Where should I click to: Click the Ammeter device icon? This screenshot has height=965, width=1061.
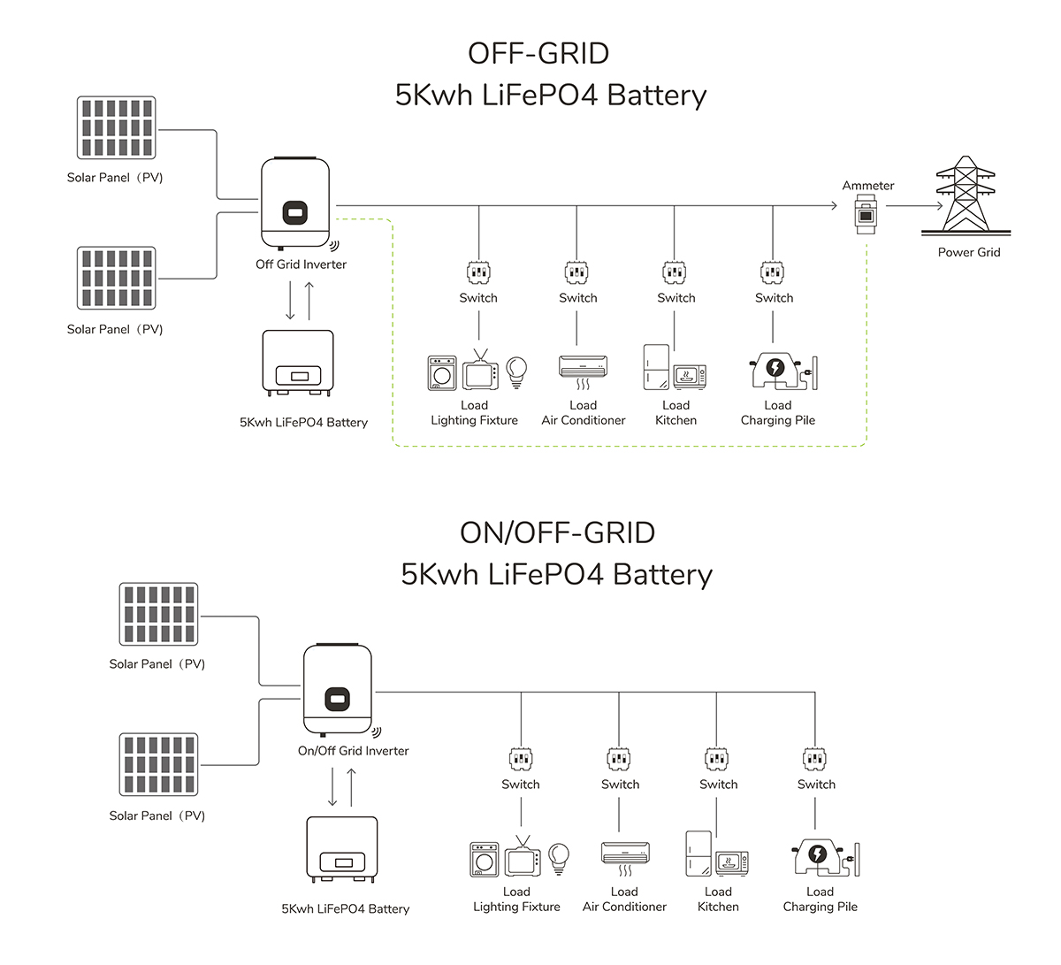(866, 216)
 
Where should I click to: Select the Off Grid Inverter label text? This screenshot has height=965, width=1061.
(301, 264)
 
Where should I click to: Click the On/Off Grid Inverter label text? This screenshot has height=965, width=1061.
(353, 751)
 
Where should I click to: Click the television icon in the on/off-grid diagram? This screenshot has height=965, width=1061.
(523, 858)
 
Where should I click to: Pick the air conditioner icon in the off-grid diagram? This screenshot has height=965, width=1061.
(583, 367)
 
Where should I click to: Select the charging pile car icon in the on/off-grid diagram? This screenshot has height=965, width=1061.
(818, 857)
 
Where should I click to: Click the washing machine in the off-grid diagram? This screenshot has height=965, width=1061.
(442, 373)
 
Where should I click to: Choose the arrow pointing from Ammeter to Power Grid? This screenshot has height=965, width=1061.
(914, 206)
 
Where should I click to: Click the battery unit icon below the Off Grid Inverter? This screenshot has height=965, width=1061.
(298, 364)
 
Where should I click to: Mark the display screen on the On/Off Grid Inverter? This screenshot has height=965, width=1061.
(337, 699)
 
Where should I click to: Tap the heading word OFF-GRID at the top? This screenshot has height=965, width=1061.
(538, 54)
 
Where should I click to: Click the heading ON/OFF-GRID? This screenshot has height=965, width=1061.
(557, 533)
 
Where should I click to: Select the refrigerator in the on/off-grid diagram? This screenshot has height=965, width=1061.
(698, 854)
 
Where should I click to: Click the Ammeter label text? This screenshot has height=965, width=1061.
(867, 186)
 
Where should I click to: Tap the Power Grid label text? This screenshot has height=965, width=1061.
(969, 253)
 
